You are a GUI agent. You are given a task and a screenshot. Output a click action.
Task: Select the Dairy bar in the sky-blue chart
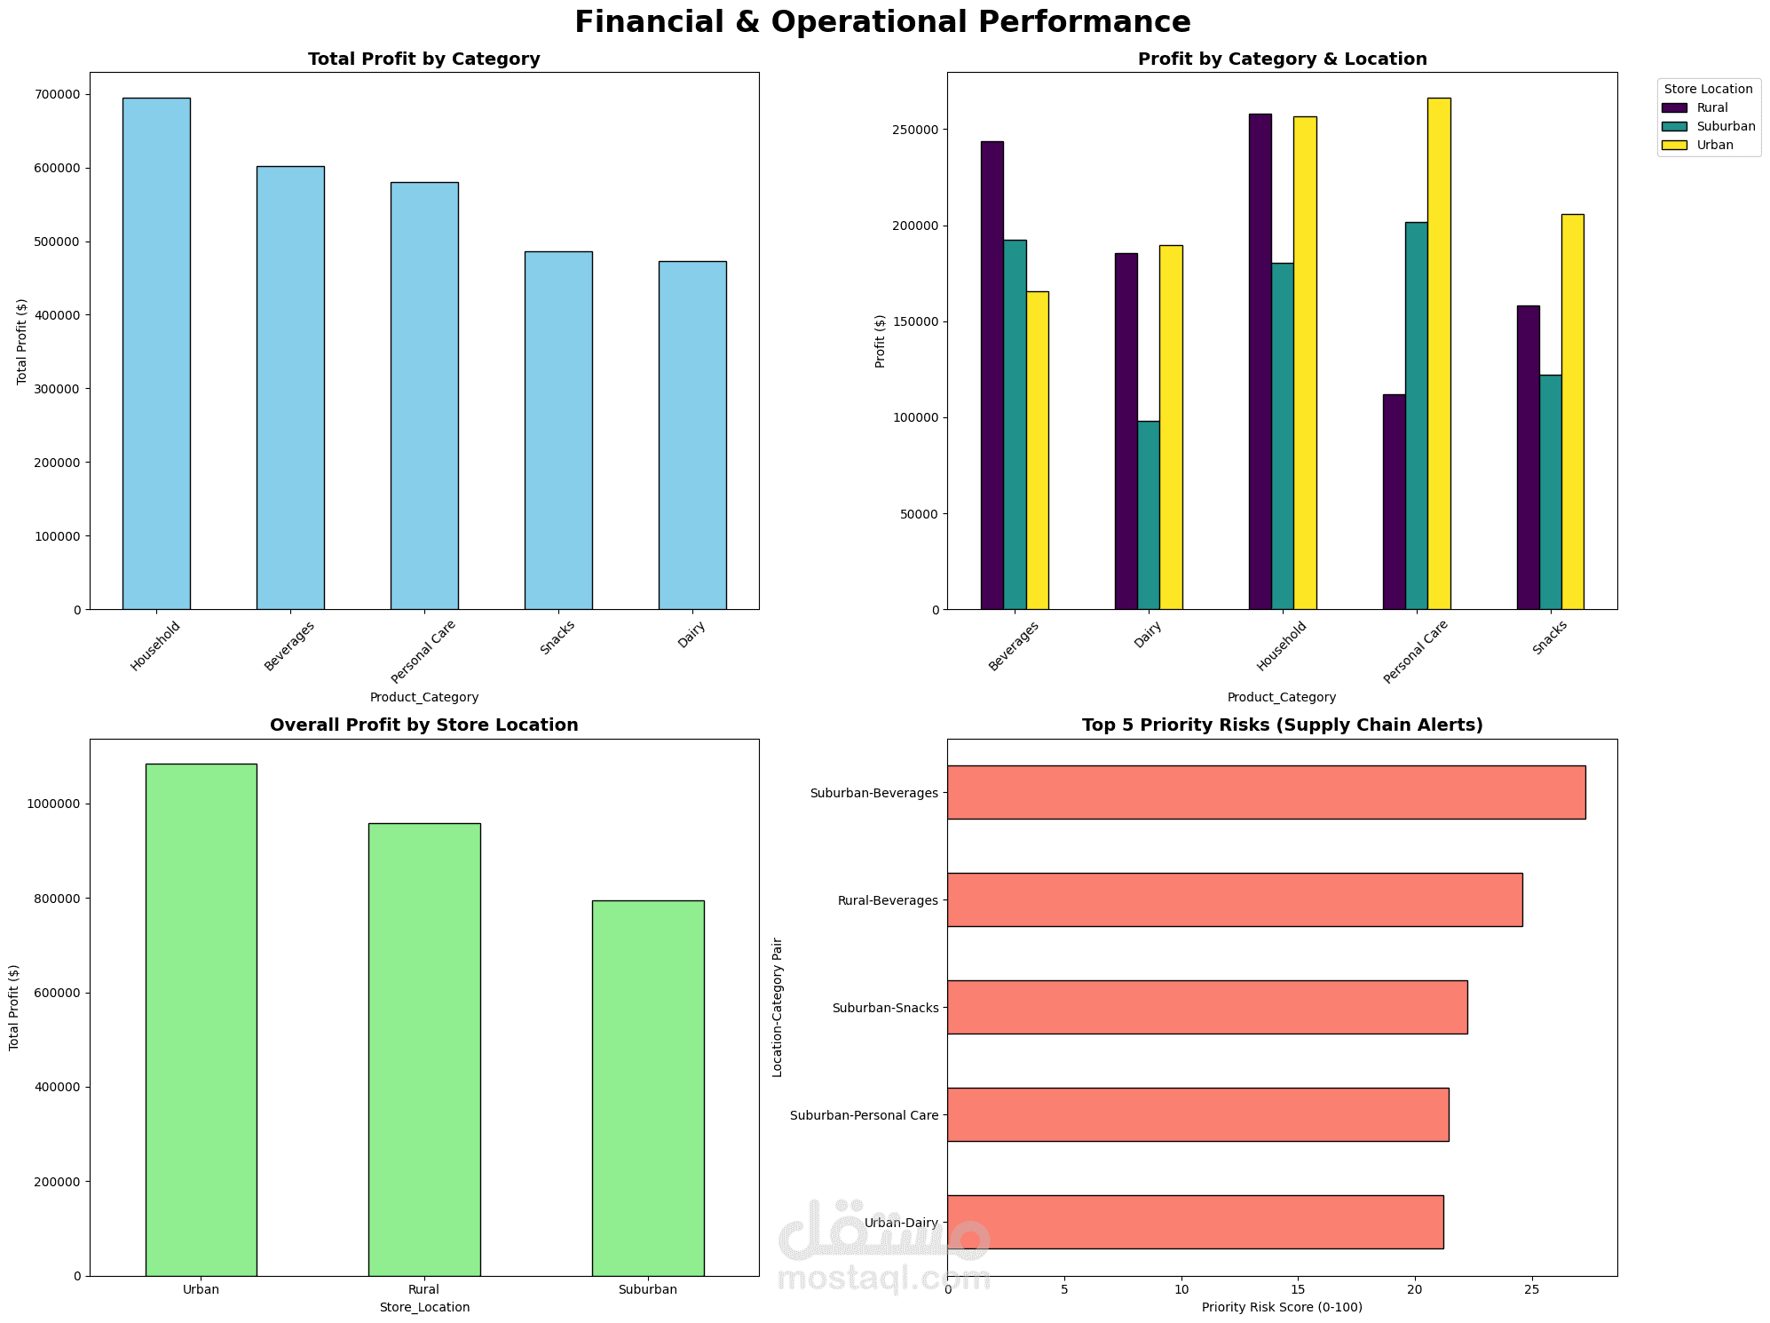(x=691, y=435)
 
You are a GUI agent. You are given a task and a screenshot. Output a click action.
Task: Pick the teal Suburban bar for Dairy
(x=1148, y=515)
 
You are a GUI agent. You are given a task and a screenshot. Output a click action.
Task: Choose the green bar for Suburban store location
(x=647, y=1088)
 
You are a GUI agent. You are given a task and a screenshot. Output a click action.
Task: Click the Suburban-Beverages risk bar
(x=1265, y=792)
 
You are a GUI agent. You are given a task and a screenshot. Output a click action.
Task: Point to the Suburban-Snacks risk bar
(x=1206, y=1007)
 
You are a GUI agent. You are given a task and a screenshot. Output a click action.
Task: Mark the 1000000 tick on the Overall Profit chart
(x=52, y=804)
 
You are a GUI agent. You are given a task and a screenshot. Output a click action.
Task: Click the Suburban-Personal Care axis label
(x=864, y=1115)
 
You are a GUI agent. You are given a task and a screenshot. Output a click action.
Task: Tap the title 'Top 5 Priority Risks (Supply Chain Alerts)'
(x=1282, y=725)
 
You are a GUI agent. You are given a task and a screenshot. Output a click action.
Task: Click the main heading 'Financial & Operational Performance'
(x=882, y=21)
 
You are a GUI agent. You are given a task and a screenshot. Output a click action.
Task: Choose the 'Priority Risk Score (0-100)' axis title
(x=1282, y=1307)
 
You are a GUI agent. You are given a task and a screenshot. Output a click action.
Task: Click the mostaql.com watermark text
(x=882, y=1279)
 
